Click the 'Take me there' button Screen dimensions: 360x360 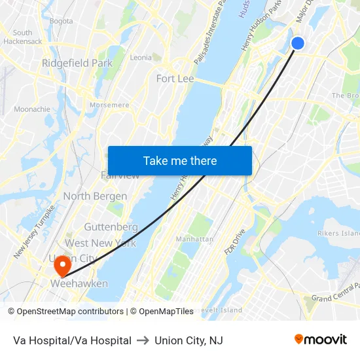[180, 160]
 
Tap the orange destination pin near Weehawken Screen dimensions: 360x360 [62, 266]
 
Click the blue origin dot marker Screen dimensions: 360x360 [297, 43]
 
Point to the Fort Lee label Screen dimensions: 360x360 [175, 79]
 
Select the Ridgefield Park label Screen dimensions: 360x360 [77, 63]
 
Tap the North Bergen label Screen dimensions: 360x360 [95, 196]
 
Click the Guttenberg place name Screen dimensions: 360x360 [111, 227]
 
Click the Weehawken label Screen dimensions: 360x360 [79, 283]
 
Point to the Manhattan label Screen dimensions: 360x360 [194, 239]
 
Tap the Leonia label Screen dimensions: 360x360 [141, 58]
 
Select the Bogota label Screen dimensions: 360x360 [61, 21]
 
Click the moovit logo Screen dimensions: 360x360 [320, 339]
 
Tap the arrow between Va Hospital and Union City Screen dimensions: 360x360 [143, 340]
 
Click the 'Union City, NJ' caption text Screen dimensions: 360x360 [189, 340]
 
